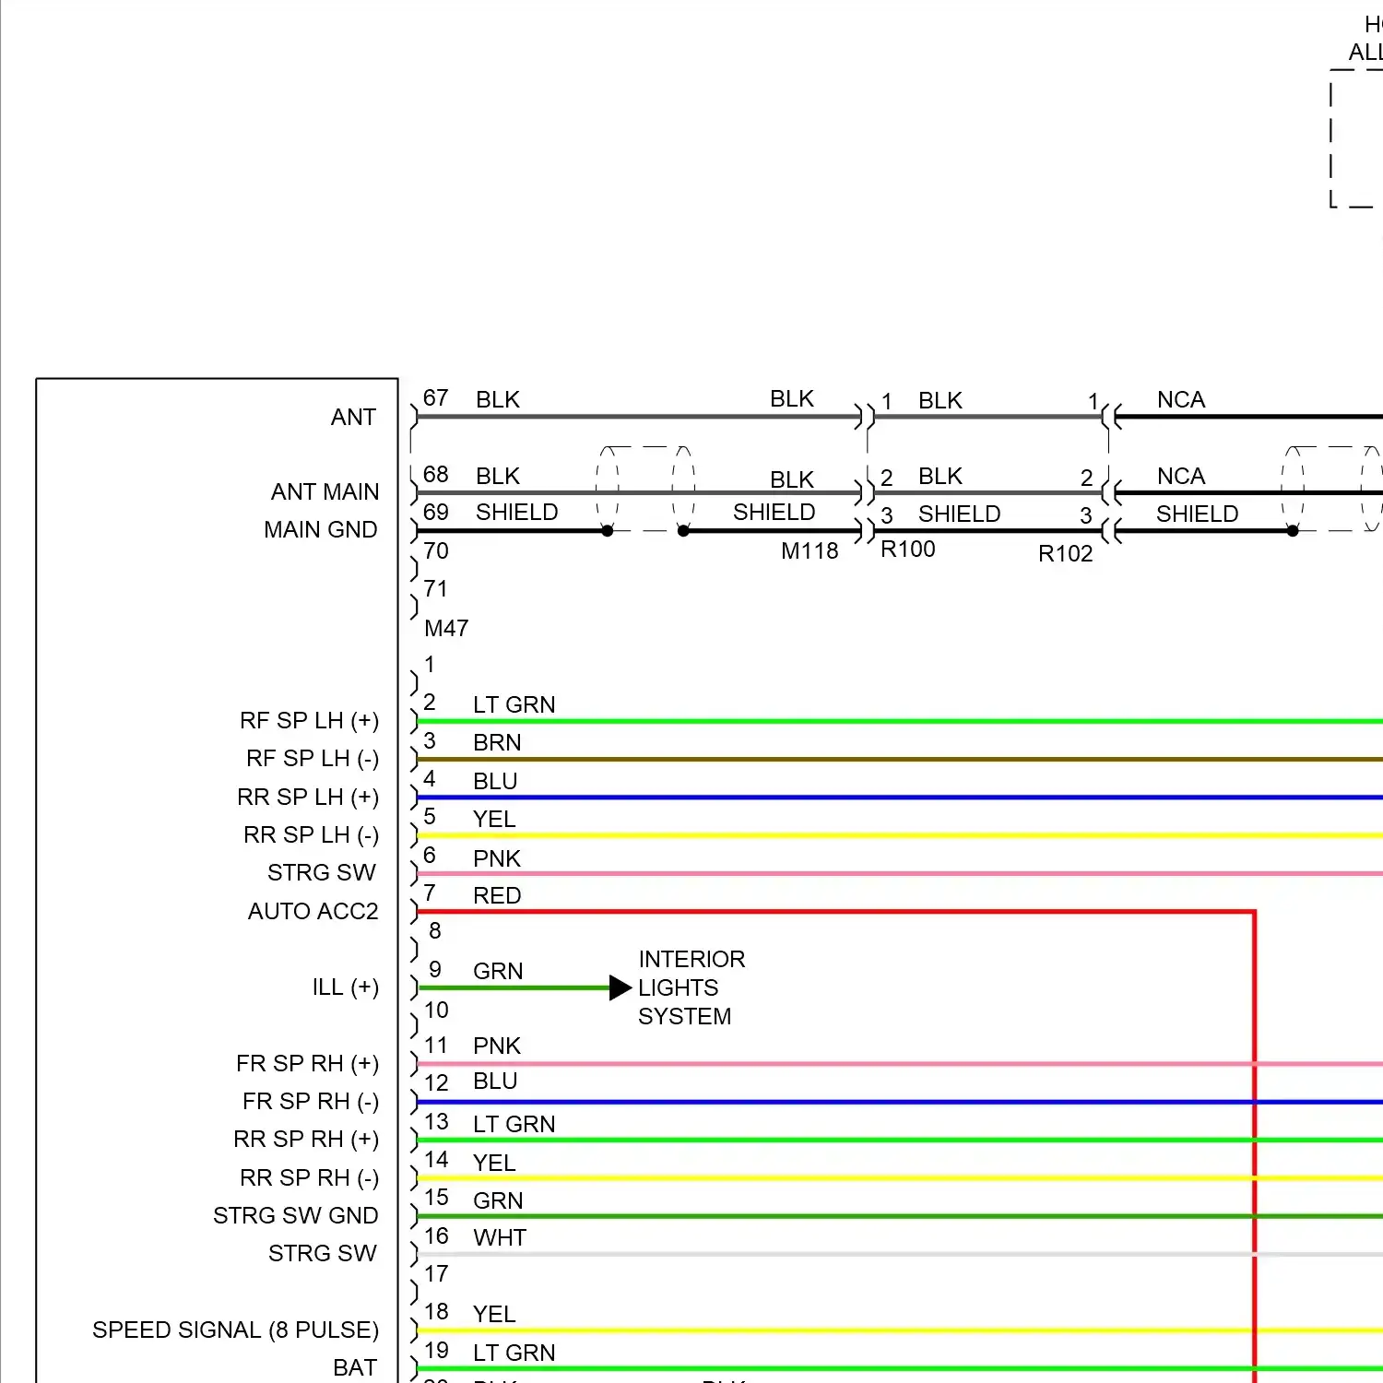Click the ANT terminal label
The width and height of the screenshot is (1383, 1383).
tap(353, 418)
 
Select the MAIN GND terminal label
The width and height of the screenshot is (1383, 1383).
tap(320, 530)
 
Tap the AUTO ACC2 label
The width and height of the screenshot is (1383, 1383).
tap(313, 912)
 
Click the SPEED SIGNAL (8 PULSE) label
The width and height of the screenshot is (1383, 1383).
tap(235, 1330)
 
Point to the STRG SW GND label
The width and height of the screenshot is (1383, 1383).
tap(295, 1216)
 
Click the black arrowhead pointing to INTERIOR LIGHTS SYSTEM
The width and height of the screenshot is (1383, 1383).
tap(621, 988)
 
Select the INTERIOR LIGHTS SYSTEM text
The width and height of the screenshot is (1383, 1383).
tap(691, 988)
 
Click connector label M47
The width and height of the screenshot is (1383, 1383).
tap(446, 629)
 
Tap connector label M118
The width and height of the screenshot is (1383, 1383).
tap(810, 551)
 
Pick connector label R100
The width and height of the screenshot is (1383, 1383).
tap(908, 550)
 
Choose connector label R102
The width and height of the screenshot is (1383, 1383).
tap(1065, 554)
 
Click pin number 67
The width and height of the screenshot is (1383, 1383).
tap(435, 398)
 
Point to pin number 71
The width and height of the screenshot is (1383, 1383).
tap(435, 589)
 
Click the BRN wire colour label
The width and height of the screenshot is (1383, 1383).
tap(497, 743)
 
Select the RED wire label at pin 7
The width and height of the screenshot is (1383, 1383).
tap(497, 896)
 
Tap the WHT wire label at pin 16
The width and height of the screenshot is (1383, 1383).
tap(500, 1238)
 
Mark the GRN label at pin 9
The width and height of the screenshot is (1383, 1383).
tap(498, 972)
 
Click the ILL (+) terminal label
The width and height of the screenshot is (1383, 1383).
tap(346, 987)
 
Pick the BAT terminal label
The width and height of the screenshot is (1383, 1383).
tap(355, 1368)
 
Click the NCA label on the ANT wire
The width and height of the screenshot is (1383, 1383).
tap(1181, 400)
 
